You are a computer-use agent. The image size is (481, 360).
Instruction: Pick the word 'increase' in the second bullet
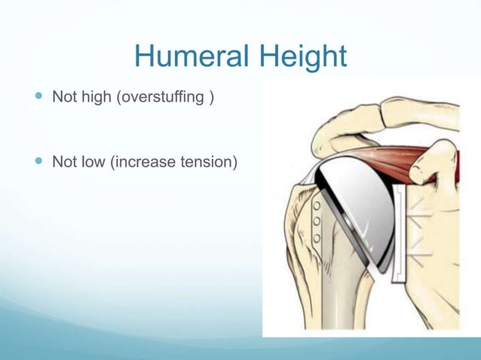point(139,160)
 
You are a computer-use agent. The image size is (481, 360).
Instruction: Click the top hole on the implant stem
point(317,205)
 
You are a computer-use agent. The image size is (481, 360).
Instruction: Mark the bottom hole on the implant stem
point(317,239)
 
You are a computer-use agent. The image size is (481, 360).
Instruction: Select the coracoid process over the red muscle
point(441,162)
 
